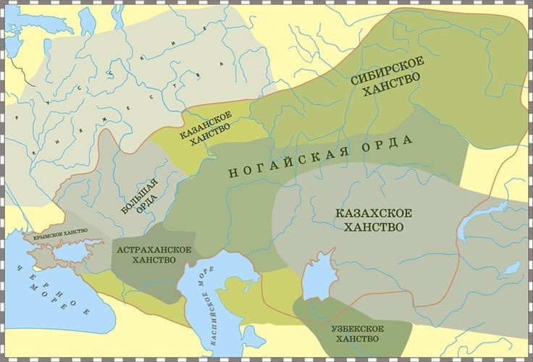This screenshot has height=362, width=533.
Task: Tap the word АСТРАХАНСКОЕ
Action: (154, 249)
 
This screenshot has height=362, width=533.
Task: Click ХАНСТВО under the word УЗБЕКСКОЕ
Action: (353, 340)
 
